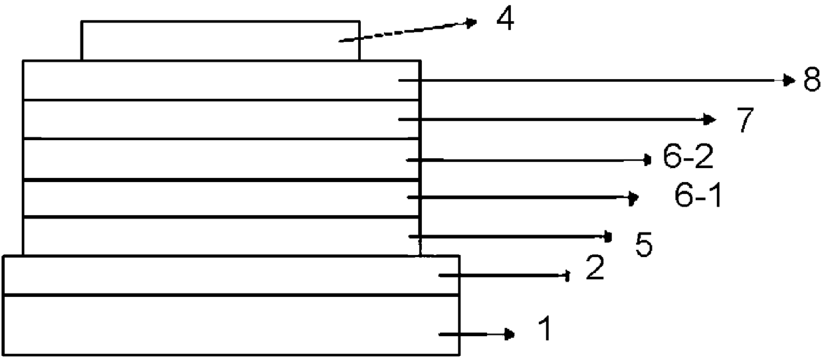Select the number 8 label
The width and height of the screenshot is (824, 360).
point(811,81)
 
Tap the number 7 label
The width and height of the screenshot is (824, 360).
point(746,120)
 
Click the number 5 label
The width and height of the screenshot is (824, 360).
point(643,245)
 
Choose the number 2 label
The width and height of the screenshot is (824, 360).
point(595,269)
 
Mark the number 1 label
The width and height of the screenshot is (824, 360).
point(544,329)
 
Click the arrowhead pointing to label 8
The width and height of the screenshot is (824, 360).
point(789,80)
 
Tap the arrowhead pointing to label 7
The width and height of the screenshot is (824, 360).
point(710,120)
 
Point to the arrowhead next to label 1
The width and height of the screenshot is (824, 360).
point(510,334)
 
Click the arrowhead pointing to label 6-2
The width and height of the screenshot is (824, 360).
point(649,159)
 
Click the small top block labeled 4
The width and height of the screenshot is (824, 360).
point(219,41)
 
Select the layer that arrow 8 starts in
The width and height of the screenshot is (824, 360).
point(219,80)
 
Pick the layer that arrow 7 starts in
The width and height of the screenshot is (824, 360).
point(219,120)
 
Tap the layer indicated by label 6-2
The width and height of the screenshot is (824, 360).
point(219,159)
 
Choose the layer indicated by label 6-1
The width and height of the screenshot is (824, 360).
point(219,198)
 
